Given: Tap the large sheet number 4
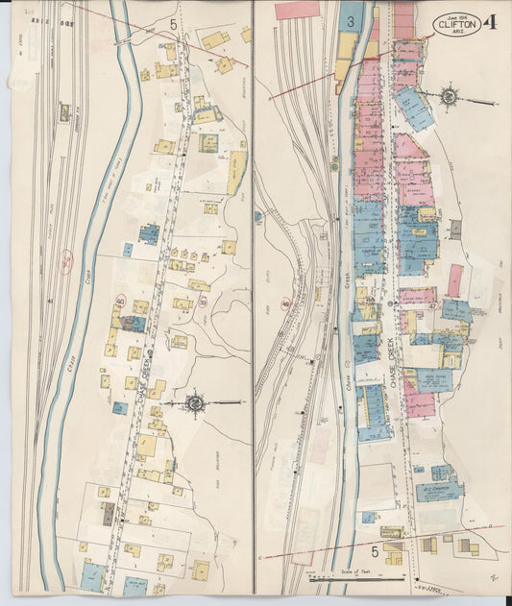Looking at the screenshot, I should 492,22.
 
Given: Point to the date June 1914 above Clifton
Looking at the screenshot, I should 456,11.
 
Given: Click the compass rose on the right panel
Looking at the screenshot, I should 448,96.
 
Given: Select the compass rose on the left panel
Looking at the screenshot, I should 194,402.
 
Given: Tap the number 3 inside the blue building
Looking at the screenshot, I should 352,19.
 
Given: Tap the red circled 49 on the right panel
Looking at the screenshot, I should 286,303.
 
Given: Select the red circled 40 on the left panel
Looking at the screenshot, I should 121,301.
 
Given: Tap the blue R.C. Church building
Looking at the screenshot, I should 440,491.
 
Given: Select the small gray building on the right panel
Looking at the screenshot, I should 455,230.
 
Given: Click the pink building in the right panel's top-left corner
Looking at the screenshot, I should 295,11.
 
